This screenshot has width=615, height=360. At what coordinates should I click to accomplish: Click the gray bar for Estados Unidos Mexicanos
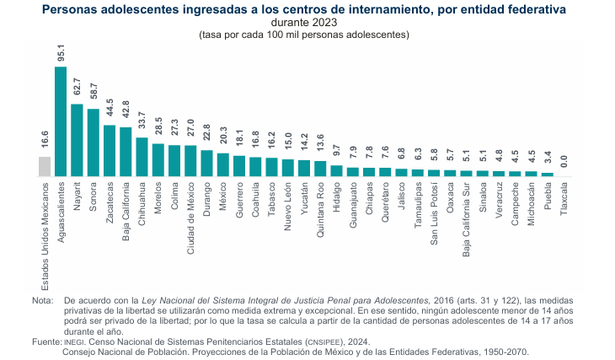[45, 166]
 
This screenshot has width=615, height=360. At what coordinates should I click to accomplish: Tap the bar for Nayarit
[77, 140]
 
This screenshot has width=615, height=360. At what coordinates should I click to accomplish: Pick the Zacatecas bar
[110, 151]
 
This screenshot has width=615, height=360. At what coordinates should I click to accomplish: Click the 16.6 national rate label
[45, 141]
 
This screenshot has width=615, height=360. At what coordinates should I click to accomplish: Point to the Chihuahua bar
[142, 157]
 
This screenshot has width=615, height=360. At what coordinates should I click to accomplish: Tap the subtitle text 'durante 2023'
[304, 23]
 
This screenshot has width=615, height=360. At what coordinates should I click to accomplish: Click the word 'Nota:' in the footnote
[42, 300]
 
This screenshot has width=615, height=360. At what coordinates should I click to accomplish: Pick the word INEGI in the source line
[73, 341]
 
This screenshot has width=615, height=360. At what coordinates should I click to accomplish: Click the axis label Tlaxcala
[564, 199]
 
